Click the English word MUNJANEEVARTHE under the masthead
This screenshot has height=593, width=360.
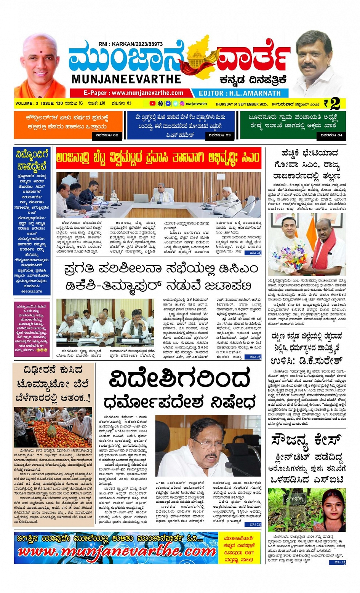(x=126, y=79)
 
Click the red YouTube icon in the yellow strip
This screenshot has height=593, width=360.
(x=152, y=104)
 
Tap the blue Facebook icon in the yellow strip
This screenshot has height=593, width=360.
(x=168, y=104)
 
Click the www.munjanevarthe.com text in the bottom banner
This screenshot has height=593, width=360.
(x=116, y=552)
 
